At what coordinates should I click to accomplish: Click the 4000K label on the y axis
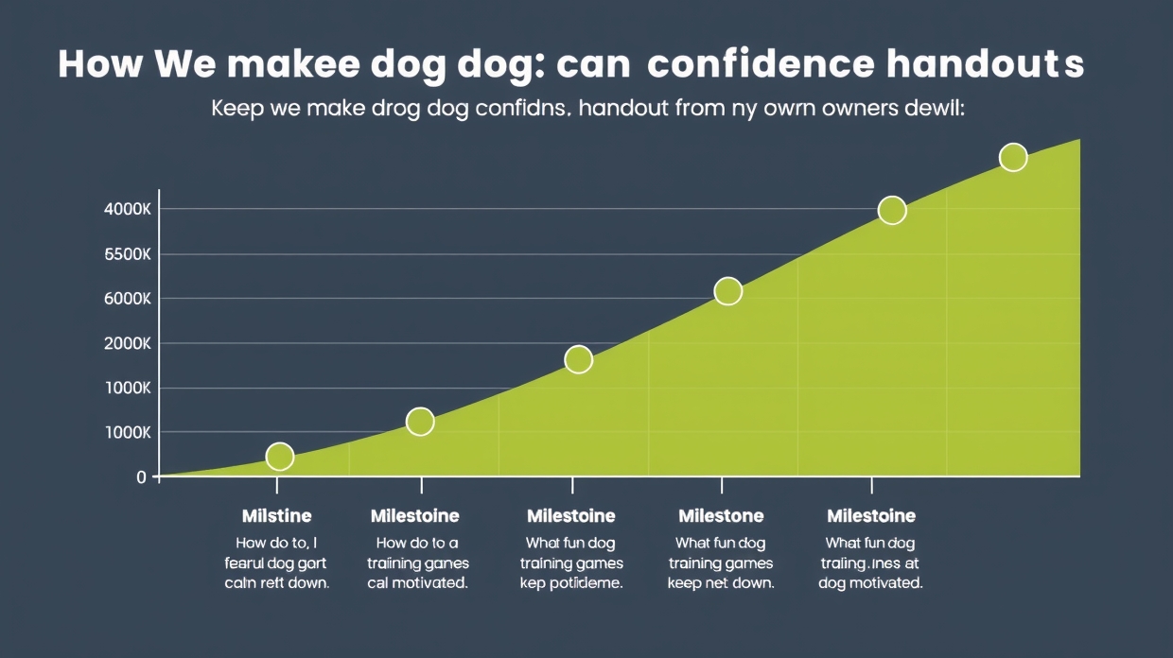[x=127, y=209]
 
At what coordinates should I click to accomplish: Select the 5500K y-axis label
[x=127, y=254]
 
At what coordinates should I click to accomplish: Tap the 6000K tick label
[x=127, y=299]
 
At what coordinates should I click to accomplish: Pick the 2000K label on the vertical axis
[x=127, y=343]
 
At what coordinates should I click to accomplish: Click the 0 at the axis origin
[x=142, y=477]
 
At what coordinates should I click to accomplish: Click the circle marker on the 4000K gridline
[x=892, y=211]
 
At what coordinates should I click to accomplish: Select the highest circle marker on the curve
[x=1013, y=158]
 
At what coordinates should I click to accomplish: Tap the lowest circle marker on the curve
[x=280, y=457]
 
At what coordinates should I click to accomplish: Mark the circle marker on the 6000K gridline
[x=727, y=291]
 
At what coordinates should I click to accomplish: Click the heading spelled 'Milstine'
[x=276, y=516]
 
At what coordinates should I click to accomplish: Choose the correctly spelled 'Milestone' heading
[x=721, y=516]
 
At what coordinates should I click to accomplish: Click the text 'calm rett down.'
[x=276, y=582]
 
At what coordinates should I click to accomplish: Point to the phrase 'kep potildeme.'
[x=570, y=582]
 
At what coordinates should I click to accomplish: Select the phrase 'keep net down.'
[x=721, y=582]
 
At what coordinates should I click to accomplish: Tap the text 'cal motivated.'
[x=417, y=582]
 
